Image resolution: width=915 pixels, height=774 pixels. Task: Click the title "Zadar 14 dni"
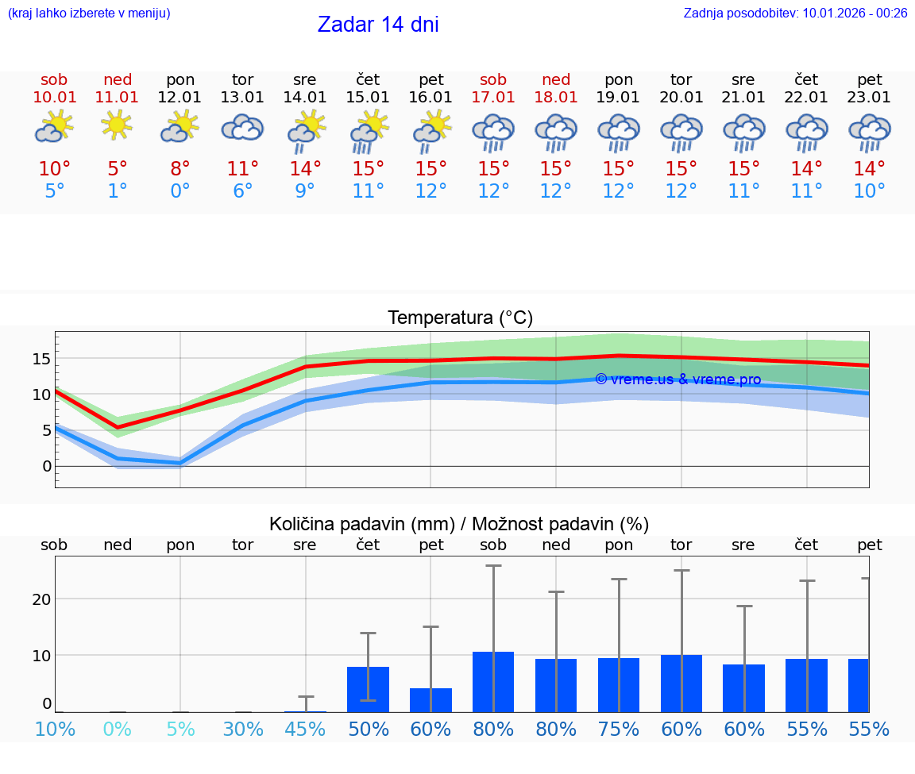pos(378,25)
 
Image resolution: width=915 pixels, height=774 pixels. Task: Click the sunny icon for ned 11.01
pos(117,125)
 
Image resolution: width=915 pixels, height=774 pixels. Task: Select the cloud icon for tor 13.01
pos(242,127)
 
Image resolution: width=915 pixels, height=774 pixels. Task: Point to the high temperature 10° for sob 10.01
pos(55,169)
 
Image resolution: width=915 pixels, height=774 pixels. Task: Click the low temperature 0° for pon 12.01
pos(180,191)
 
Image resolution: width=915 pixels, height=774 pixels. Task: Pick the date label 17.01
pos(493,98)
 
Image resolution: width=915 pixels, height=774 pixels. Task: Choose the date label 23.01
pos(870,98)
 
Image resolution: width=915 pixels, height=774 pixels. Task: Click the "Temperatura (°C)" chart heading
pos(460,318)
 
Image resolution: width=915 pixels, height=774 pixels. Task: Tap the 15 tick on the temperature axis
pos(41,359)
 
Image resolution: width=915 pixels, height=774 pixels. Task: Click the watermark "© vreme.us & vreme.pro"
pos(678,379)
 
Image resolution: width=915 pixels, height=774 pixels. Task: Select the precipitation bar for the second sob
pos(493,681)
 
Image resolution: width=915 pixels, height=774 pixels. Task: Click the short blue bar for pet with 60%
pos(430,699)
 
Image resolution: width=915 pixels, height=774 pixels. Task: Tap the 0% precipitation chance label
pos(118,730)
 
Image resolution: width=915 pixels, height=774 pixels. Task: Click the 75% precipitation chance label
pos(619,730)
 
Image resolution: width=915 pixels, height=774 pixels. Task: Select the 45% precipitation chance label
pos(305,730)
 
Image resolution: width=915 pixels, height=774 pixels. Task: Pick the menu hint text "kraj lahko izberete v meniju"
pos(89,13)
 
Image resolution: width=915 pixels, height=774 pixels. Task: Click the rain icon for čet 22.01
pos(807,131)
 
